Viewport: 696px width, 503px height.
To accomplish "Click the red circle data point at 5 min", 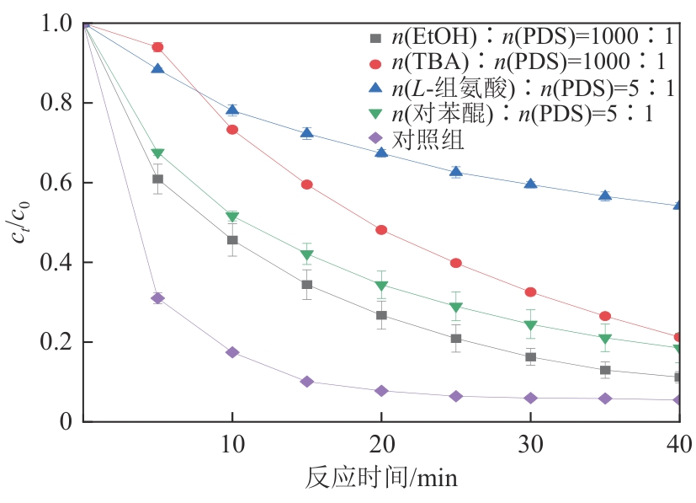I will pyautogui.click(x=157, y=47).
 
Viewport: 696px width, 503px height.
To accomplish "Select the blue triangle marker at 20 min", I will pyautogui.click(x=381, y=153).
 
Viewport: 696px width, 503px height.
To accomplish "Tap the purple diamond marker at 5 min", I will pyautogui.click(x=157, y=298).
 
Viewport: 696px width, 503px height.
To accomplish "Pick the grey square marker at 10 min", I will pyautogui.click(x=232, y=240).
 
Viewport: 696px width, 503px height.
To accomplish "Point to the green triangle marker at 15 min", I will pyautogui.click(x=307, y=255).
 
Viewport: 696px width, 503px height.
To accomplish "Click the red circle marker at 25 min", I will pyautogui.click(x=455, y=263).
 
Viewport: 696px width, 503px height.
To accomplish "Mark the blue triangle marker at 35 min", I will pyautogui.click(x=605, y=195).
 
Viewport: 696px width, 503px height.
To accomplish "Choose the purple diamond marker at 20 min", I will pyautogui.click(x=381, y=391).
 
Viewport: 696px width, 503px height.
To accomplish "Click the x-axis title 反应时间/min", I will pyautogui.click(x=381, y=479).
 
